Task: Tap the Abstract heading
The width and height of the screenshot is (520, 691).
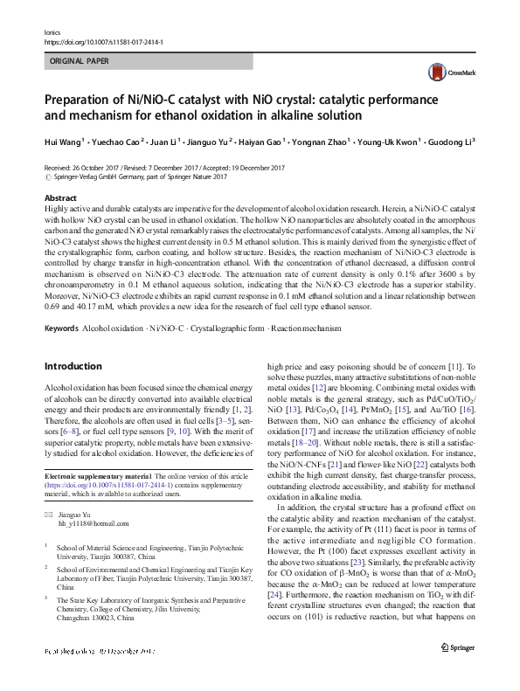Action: pos(59,199)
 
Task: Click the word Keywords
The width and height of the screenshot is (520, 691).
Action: pos(61,328)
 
